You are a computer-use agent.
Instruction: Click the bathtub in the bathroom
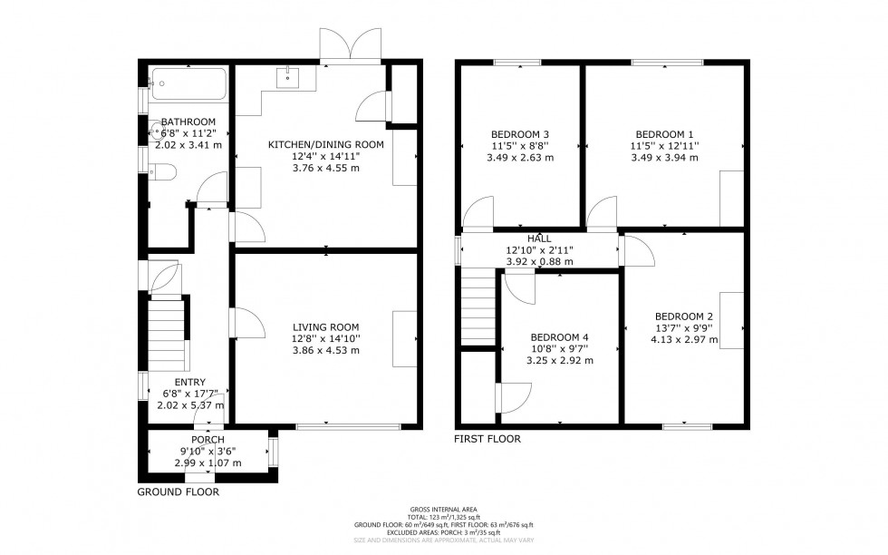coord(187,83)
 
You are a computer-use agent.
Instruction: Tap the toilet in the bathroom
coord(160,170)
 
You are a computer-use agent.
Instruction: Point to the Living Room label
coord(325,327)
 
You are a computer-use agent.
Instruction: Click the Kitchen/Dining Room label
coord(325,144)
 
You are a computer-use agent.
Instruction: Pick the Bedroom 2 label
coord(684,316)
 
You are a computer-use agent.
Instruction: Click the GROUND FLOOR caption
coord(178,492)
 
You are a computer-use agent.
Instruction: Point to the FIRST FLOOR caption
coord(487,439)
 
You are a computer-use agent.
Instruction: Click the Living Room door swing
coord(247,323)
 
